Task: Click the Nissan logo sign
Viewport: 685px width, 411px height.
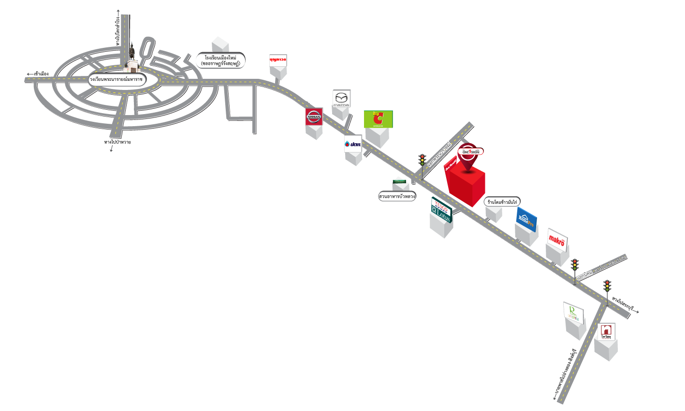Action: click(x=314, y=117)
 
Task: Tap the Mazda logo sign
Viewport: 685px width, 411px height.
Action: click(x=341, y=99)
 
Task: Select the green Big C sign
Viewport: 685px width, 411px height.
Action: click(x=378, y=119)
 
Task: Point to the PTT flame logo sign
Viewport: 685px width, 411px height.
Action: click(x=353, y=144)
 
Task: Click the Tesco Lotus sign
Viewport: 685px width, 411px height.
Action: click(x=441, y=210)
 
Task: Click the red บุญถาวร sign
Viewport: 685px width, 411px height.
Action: click(x=278, y=60)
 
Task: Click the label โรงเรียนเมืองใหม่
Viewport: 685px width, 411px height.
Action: click(x=220, y=60)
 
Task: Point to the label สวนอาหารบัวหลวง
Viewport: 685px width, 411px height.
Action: click(x=397, y=196)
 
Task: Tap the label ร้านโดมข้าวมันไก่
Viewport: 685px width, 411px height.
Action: click(x=504, y=202)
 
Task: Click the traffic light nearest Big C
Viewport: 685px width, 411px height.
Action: click(x=422, y=161)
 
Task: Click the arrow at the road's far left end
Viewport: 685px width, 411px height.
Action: click(x=30, y=74)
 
